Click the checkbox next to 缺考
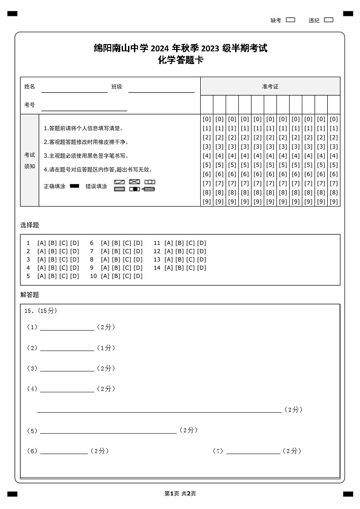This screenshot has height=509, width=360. click(x=291, y=20)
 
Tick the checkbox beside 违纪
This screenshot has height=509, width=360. click(x=329, y=20)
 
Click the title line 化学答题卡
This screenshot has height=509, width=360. click(x=180, y=60)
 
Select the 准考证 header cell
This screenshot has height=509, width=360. click(x=270, y=86)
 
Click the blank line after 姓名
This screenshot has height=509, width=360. click(x=74, y=89)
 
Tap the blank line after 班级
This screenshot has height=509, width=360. click(x=161, y=89)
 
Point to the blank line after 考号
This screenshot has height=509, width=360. click(x=84, y=107)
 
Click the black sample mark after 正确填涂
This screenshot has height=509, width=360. click(x=74, y=186)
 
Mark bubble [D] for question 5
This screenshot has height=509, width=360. click(x=74, y=276)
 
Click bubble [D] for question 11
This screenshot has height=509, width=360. click(x=202, y=243)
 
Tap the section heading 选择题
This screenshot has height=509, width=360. click(x=30, y=225)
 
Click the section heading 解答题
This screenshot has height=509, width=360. click(x=30, y=295)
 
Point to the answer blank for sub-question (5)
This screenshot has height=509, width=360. click(x=108, y=431)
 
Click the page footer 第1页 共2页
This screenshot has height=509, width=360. click(x=180, y=494)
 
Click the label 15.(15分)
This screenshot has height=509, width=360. click(x=41, y=311)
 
